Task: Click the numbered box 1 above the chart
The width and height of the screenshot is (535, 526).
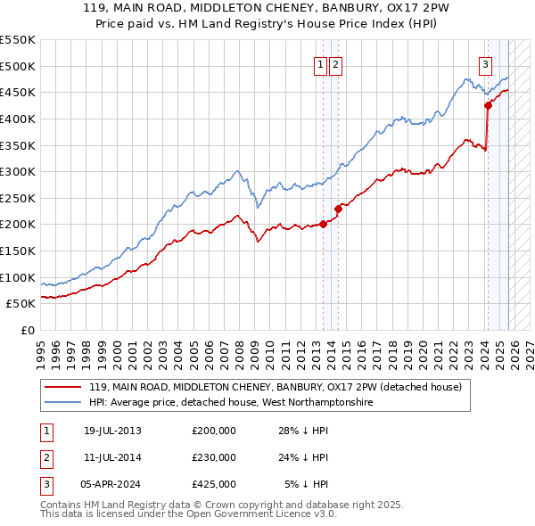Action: [x=320, y=63]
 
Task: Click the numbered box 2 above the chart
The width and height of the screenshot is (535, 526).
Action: [x=335, y=63]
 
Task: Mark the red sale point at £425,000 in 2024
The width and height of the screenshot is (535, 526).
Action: [x=488, y=105]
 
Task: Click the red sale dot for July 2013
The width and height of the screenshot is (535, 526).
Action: [x=323, y=224]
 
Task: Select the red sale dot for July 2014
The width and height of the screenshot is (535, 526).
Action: [x=338, y=209]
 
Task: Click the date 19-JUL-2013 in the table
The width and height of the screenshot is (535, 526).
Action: [x=112, y=431]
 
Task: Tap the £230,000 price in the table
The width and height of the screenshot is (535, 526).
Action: [x=213, y=457]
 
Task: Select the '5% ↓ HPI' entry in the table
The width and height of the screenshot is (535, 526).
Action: [x=306, y=484]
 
